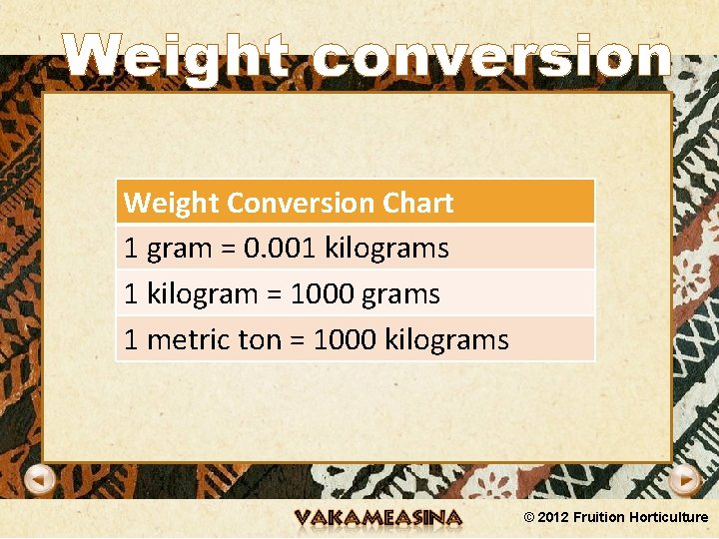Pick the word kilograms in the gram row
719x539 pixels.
[x=387, y=248]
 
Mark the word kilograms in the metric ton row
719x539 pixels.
[x=447, y=339]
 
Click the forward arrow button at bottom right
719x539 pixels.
[x=684, y=480]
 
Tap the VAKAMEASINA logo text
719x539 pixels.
[x=378, y=518]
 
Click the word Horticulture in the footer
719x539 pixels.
[x=669, y=517]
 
